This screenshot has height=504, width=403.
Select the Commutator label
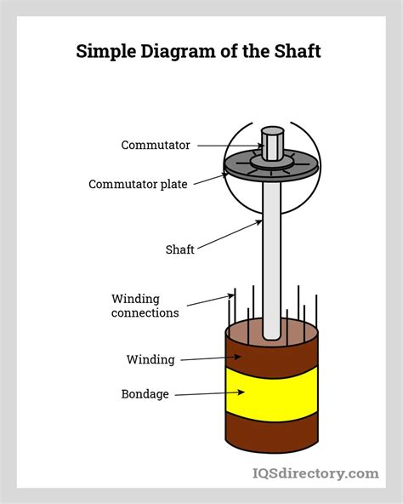(156, 146)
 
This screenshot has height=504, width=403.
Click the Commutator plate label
(139, 184)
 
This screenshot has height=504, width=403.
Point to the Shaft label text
(179, 249)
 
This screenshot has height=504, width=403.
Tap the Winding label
(150, 359)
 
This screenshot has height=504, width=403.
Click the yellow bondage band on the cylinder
(271, 391)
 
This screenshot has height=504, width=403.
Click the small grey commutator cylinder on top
(271, 142)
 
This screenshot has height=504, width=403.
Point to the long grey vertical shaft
(271, 255)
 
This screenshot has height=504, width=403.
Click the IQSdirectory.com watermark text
(315, 473)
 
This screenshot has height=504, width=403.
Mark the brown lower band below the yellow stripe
(271, 430)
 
